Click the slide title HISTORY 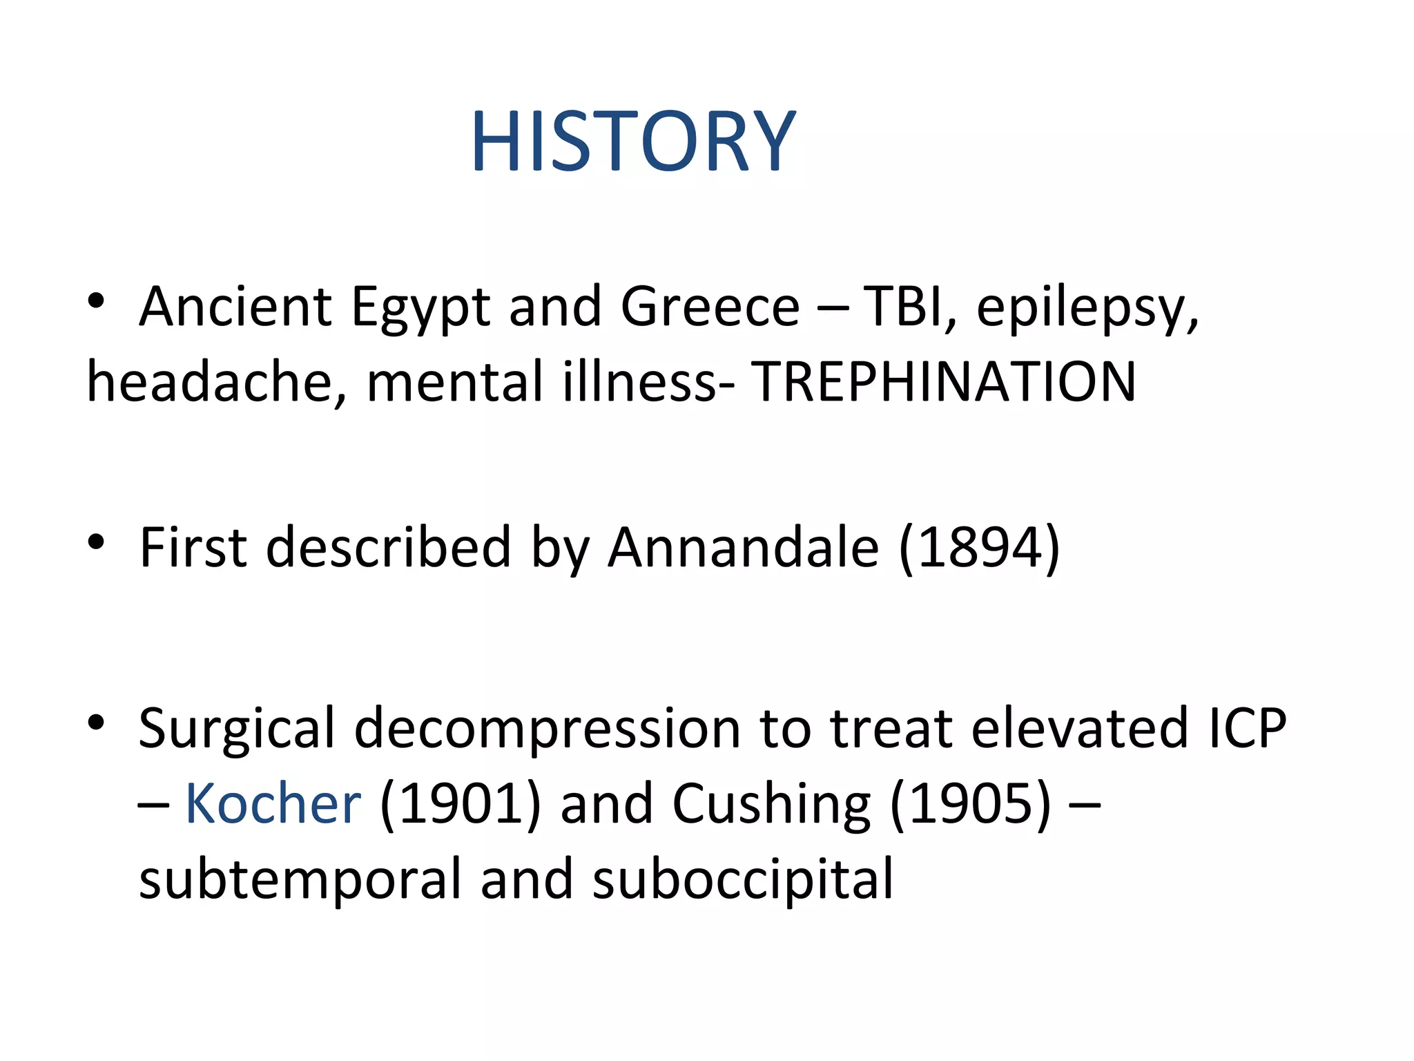click(633, 142)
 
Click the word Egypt click(420, 307)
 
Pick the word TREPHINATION click(943, 382)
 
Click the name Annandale click(744, 548)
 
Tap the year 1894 click(980, 548)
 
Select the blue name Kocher click(273, 803)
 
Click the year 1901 click(461, 803)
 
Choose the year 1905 click(971, 803)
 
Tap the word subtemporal click(300, 880)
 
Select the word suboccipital click(743, 880)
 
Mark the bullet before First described click(96, 542)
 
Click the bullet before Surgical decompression click(96, 723)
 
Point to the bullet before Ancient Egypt click(96, 301)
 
